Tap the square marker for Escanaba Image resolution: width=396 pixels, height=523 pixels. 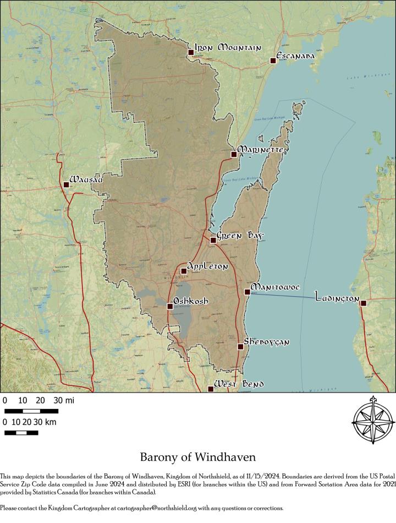(273, 61)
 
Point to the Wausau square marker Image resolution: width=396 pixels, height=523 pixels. (66, 184)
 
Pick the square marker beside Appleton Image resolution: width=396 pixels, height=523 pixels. (184, 271)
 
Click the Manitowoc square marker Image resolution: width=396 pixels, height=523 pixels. (247, 292)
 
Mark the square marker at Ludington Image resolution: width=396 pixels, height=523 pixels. (363, 303)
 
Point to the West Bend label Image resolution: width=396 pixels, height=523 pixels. (239, 384)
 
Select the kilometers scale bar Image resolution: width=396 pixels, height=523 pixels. (21, 432)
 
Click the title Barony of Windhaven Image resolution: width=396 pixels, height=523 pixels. (197, 457)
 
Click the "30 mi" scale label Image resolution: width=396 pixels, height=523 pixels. (63, 400)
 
